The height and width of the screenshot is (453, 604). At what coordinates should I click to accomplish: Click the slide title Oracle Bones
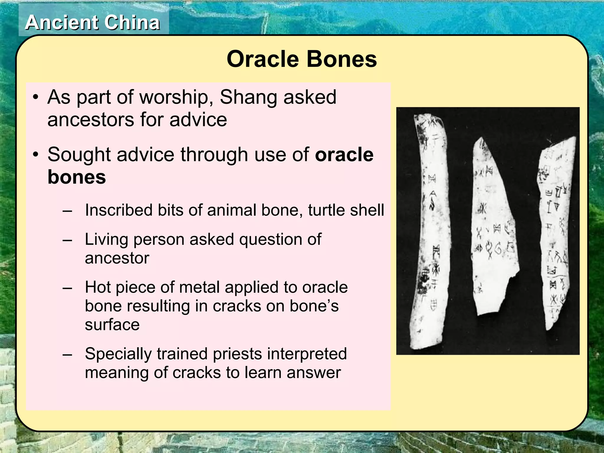[x=301, y=59]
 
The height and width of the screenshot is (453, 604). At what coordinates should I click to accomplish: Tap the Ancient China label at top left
[x=92, y=23]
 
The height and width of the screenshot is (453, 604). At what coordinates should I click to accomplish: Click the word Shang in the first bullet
[x=249, y=97]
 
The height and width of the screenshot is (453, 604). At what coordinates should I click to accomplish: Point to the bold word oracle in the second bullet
[x=344, y=155]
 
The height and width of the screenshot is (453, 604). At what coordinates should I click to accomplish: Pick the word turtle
[x=325, y=210]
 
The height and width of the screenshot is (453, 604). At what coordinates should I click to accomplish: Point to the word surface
[x=112, y=325]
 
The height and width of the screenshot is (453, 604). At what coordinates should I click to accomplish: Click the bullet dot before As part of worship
[x=36, y=97]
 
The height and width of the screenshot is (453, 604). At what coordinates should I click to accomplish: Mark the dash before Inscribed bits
[x=67, y=211]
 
